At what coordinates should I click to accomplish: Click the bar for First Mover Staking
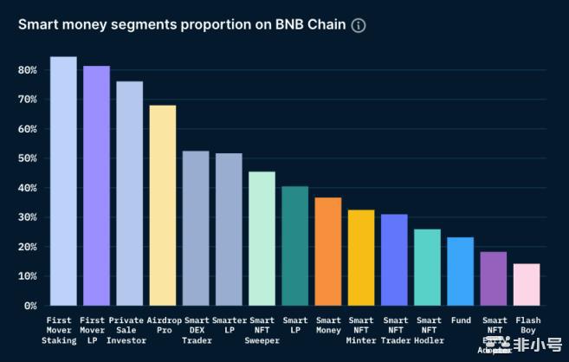(63, 181)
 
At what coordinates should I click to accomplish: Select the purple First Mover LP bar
(96, 185)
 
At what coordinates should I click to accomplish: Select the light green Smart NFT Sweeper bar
(262, 238)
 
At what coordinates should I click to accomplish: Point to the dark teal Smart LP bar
(294, 246)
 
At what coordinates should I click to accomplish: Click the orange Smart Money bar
(328, 251)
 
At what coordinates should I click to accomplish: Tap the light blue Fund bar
(461, 271)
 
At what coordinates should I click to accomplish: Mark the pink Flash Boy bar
(527, 284)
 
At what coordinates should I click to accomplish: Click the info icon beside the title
(359, 25)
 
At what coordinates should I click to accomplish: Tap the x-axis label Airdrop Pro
(163, 326)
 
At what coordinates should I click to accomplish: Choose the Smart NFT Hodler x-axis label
(428, 331)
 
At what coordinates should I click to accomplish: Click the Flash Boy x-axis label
(527, 326)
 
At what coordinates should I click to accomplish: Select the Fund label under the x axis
(461, 320)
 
